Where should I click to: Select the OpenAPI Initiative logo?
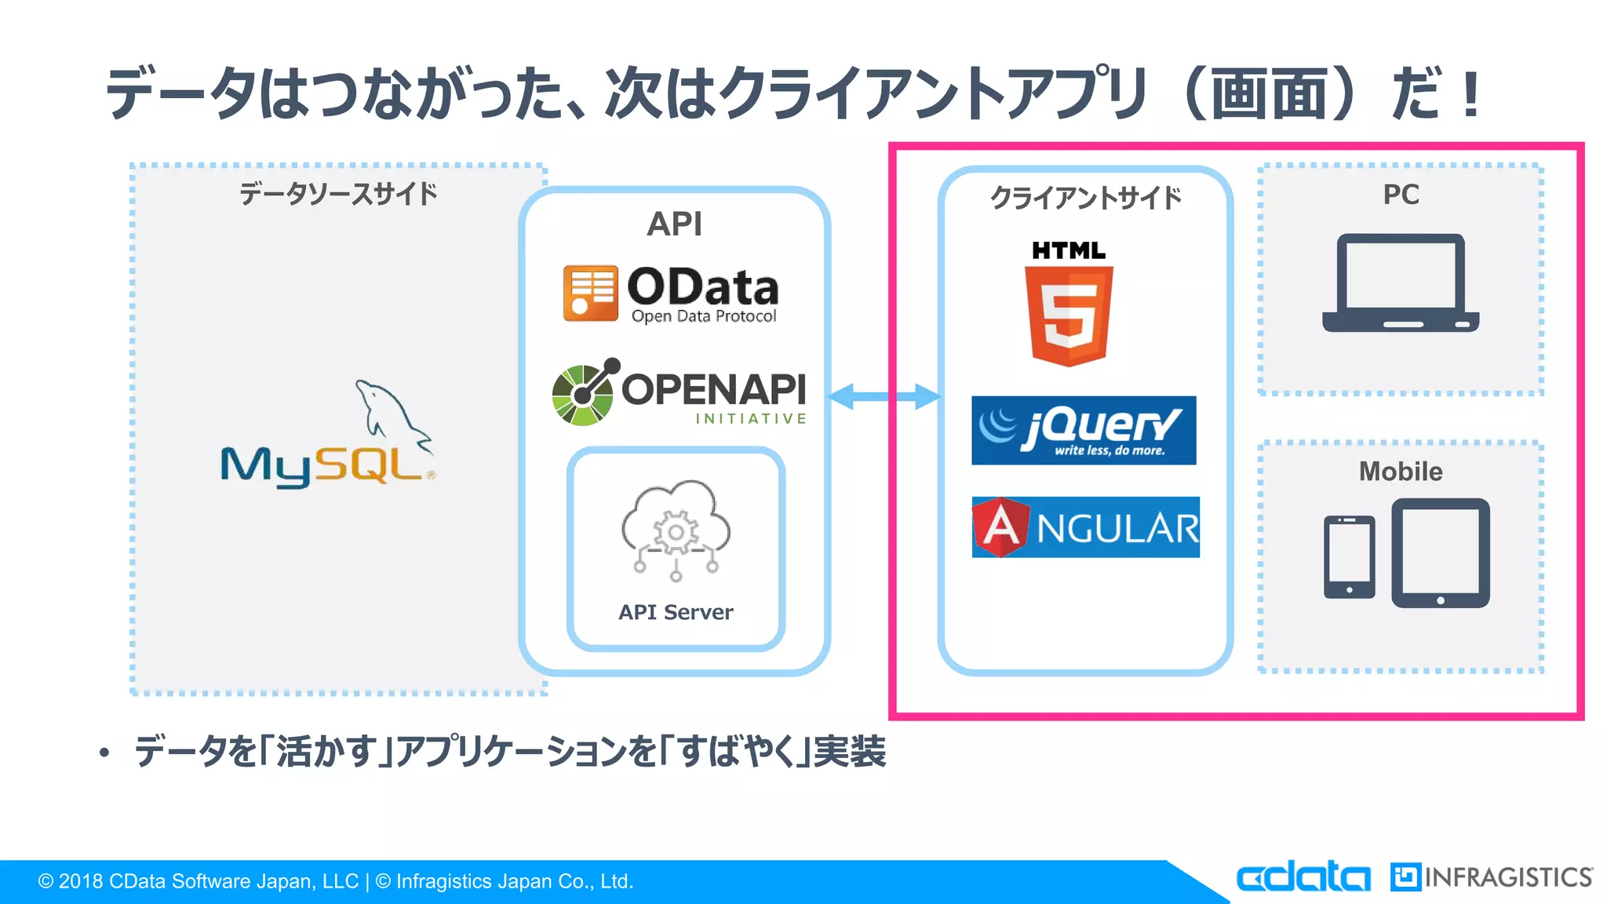click(680, 393)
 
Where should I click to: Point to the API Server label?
click(676, 612)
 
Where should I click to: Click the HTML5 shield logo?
click(1069, 306)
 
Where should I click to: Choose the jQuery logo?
click(1084, 430)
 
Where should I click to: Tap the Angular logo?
click(1085, 527)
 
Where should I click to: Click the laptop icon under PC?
click(1401, 283)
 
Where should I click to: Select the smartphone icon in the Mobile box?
click(1349, 556)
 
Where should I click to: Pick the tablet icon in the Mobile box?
click(1440, 552)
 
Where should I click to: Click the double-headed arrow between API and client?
click(884, 396)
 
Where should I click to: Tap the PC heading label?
click(1401, 195)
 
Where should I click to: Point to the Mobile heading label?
click(1401, 471)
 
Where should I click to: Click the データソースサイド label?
click(338, 193)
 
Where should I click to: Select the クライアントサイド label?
click(1085, 198)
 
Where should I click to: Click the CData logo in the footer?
click(1303, 877)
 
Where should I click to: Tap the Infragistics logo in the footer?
click(1492, 877)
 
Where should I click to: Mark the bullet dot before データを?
click(104, 753)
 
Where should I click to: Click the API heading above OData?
click(674, 224)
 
